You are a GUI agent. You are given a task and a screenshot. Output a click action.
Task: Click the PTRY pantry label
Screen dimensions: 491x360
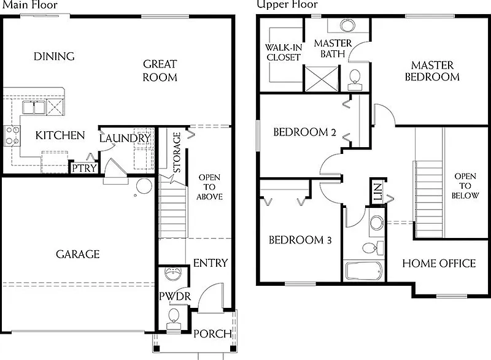point(84,168)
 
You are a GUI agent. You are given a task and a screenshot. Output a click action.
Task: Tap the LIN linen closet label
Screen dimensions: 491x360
point(378,192)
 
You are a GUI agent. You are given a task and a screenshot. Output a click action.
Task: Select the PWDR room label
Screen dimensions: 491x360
point(175,296)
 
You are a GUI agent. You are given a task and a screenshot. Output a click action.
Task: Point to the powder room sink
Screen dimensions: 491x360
point(172,274)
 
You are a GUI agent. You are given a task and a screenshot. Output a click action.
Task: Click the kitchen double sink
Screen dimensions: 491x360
point(34,107)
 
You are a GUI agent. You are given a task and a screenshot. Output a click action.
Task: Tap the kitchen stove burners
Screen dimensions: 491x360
point(12,136)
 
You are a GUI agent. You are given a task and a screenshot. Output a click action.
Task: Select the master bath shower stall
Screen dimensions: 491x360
point(322,79)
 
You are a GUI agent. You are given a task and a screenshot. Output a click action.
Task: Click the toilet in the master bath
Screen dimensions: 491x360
point(355,80)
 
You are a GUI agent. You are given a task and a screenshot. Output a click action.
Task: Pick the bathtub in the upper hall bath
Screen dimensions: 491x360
point(364,271)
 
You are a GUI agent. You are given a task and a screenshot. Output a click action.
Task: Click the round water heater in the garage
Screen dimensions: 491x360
point(144,186)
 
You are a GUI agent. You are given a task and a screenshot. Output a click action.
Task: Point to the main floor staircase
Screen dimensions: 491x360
point(173,207)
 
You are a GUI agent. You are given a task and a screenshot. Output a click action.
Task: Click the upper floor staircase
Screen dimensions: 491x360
point(429,199)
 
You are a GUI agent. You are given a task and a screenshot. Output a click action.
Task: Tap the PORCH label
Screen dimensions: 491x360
point(212,334)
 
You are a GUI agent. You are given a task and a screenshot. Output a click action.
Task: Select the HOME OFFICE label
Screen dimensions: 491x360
point(439,263)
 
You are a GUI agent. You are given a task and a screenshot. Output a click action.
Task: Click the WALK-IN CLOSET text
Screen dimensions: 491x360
point(284,52)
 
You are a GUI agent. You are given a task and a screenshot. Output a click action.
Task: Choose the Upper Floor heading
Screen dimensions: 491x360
point(287,4)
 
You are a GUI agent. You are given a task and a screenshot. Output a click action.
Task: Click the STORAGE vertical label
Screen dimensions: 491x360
point(177,152)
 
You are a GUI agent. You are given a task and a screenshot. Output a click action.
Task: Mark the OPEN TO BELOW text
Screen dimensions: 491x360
point(465,186)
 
